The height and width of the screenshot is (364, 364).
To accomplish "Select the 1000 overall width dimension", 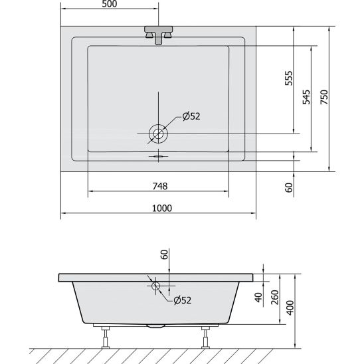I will [x=159, y=207].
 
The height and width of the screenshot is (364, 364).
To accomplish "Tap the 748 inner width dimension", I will [x=159, y=185].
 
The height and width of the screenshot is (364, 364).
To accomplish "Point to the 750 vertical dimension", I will [x=324, y=98].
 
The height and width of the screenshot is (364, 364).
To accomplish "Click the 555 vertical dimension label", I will [x=288, y=80].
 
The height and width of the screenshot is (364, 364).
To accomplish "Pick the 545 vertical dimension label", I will [x=306, y=98].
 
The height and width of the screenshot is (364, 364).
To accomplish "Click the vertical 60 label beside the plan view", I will [x=288, y=187].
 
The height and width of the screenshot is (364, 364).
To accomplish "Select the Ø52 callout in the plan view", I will [x=191, y=116].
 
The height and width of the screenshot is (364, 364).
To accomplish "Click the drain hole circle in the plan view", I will [x=159, y=134].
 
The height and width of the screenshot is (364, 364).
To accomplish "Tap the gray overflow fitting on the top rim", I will [x=159, y=35].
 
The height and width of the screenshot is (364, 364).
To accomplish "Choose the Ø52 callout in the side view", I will [x=182, y=300].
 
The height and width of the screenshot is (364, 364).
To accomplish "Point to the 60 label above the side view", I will [x=165, y=255].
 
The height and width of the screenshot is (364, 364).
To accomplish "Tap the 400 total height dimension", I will [x=290, y=308].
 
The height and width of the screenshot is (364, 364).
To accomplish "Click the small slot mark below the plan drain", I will [x=158, y=157].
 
